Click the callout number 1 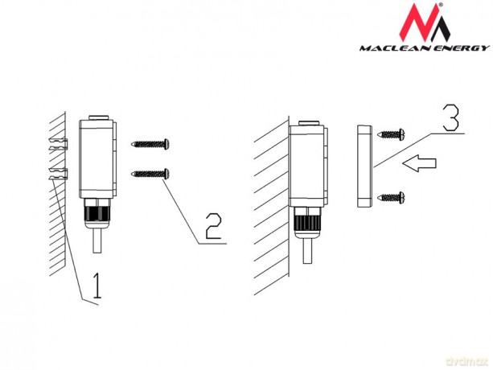[97, 286]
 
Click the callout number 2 [213, 226]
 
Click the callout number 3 [451, 117]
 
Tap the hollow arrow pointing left [420, 163]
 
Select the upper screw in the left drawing [150, 144]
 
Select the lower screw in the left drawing [150, 174]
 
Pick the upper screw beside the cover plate [391, 134]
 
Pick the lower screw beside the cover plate [391, 198]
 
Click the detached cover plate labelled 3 [364, 166]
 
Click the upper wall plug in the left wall [58, 144]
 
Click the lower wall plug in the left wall [58, 174]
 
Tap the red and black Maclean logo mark [425, 23]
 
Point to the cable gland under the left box [97, 213]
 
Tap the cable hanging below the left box [97, 240]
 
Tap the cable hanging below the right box [307, 251]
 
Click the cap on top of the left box [98, 117]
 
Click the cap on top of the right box [309, 123]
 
